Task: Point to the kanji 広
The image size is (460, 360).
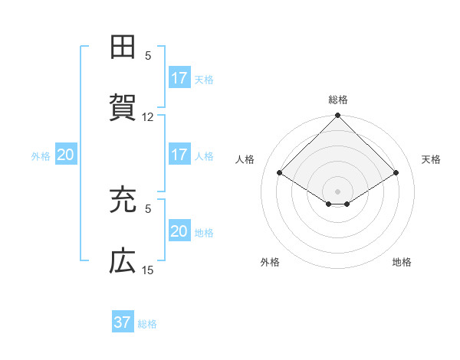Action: coord(123,261)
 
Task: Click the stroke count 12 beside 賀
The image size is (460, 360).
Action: coord(148,117)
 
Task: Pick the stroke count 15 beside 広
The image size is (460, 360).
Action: coord(148,270)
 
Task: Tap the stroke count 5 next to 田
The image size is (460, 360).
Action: coord(149,56)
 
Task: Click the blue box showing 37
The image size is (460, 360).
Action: coord(123,322)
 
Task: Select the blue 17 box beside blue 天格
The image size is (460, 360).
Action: coord(179,78)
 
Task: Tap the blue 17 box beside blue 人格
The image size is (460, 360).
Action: coord(179,155)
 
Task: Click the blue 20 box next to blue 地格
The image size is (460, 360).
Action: coord(179,231)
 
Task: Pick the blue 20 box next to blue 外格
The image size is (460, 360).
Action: coord(65,155)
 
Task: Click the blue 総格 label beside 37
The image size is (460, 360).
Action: coord(147,324)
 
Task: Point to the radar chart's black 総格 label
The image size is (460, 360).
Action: coord(338,100)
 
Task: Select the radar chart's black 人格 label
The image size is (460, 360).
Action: coord(245,159)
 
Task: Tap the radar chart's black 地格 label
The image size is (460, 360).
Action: coord(402,262)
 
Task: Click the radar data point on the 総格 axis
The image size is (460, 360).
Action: coord(338,116)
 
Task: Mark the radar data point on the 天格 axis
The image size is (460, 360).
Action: coord(396,173)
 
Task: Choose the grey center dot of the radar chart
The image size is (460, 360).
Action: coord(338,191)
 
